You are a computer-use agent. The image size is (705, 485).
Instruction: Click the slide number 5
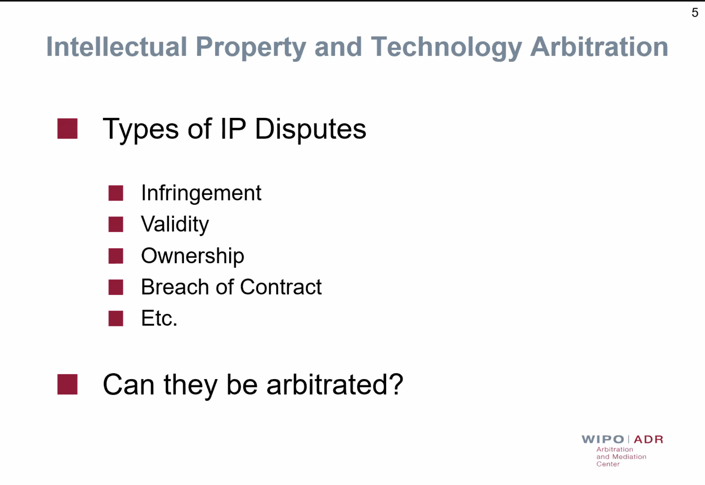coord(695,13)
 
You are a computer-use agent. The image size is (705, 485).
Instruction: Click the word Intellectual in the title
coord(117,47)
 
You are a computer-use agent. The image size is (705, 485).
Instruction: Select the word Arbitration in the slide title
coord(599,47)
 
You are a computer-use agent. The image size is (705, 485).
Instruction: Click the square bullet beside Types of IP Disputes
coord(67,128)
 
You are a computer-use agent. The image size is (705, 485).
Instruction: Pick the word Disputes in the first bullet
coord(310,129)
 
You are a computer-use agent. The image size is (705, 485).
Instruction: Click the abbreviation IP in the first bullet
coord(233,128)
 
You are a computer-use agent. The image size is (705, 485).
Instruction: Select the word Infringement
coord(201,193)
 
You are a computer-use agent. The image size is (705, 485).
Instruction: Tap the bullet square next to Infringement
coord(116,193)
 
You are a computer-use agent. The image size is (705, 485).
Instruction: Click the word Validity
coord(175,225)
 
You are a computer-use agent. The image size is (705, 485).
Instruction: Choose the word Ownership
coord(193,256)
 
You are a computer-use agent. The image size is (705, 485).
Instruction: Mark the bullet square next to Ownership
coord(116,256)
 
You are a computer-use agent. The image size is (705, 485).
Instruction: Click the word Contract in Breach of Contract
coord(281,287)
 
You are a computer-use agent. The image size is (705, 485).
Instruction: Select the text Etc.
coord(159,319)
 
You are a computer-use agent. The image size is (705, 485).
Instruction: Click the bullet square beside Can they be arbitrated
coord(67,384)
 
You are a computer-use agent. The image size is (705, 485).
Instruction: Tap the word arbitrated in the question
coord(335,385)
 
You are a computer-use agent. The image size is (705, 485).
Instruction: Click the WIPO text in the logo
coord(603,439)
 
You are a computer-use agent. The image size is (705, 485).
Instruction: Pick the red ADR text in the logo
coord(648,439)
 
